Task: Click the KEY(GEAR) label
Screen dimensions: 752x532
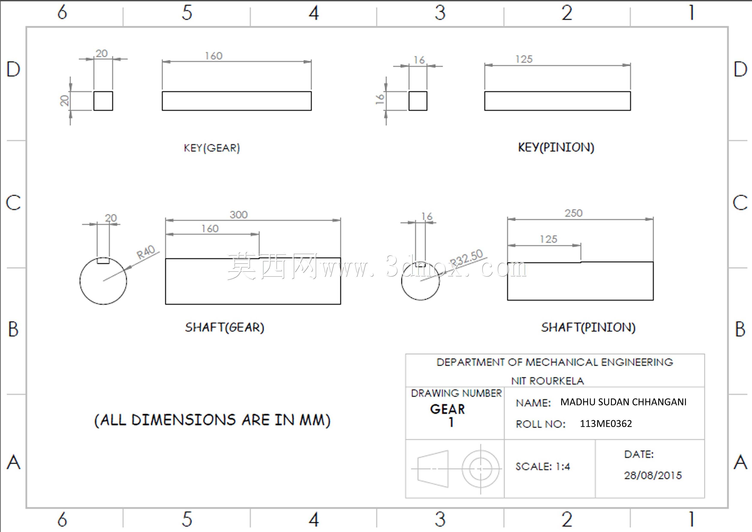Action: (x=212, y=148)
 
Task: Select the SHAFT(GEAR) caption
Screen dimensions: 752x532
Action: (x=224, y=327)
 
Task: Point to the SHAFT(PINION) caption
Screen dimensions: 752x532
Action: (x=588, y=327)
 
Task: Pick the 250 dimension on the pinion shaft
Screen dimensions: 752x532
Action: (x=573, y=213)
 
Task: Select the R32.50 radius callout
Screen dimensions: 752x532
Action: (x=467, y=257)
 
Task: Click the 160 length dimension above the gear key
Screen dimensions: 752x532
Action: (x=214, y=56)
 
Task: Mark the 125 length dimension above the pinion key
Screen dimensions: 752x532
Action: (x=524, y=59)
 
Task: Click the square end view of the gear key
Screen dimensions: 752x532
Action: (x=103, y=101)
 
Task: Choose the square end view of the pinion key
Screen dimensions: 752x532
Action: (x=418, y=101)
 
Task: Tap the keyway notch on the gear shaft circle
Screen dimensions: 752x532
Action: (x=103, y=261)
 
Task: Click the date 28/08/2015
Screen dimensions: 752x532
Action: (x=653, y=475)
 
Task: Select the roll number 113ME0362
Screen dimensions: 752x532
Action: (x=606, y=423)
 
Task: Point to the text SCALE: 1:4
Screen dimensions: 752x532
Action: (x=543, y=466)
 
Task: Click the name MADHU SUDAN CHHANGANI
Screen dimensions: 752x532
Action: (x=623, y=402)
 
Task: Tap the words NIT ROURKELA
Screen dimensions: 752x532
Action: (x=548, y=381)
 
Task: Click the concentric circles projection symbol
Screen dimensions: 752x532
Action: (x=480, y=469)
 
